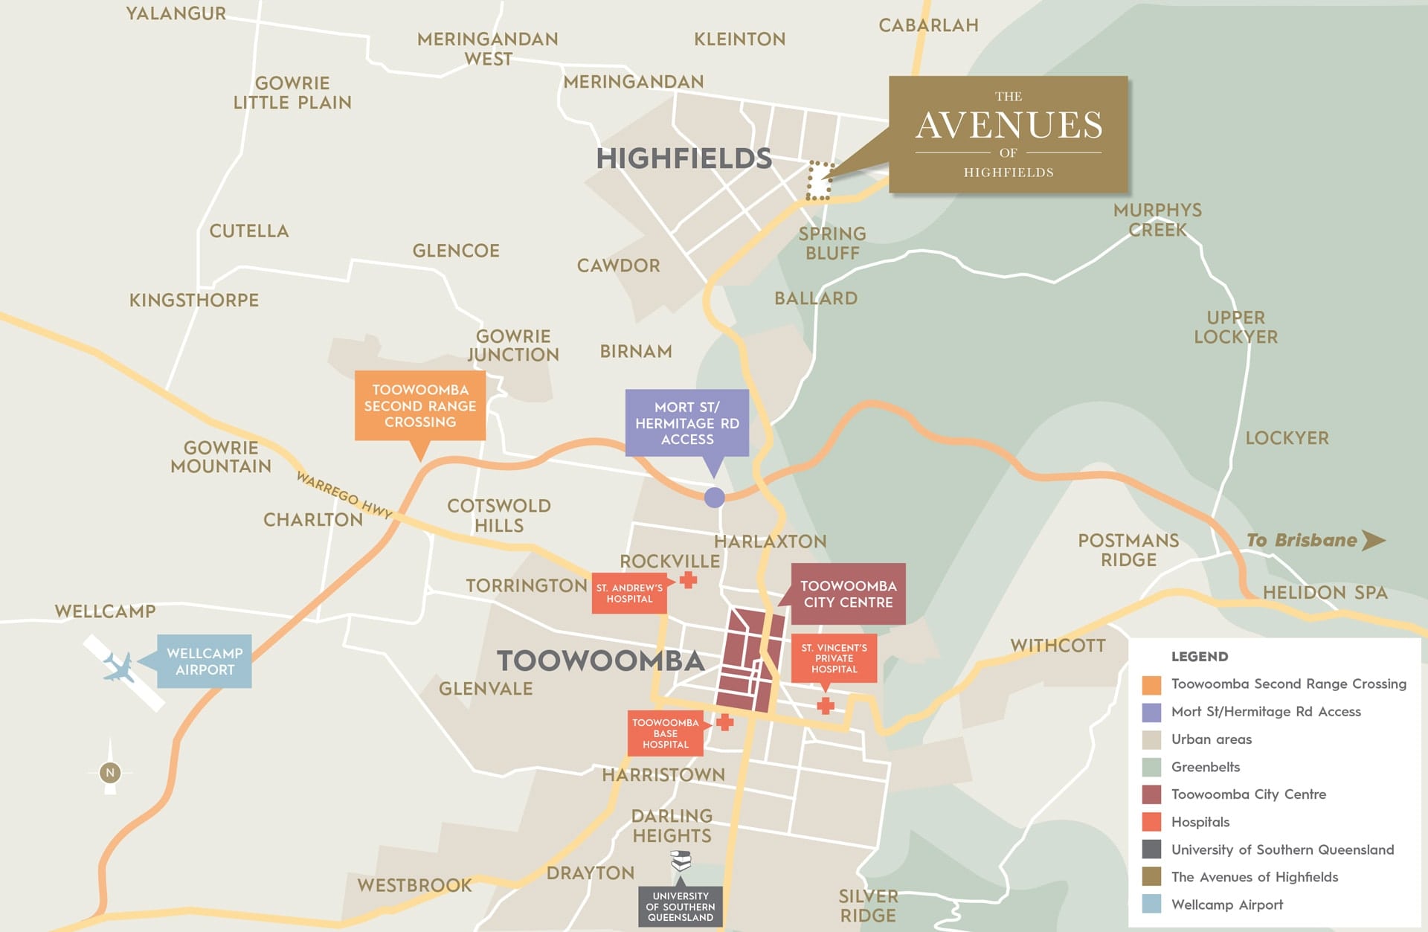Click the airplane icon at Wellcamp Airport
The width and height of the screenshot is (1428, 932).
pos(119,667)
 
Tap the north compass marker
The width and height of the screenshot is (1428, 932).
pos(110,773)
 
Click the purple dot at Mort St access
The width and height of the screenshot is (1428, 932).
pos(714,498)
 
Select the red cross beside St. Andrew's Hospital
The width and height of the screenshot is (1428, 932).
pos(688,580)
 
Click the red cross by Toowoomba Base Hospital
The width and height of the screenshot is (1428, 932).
pos(724,722)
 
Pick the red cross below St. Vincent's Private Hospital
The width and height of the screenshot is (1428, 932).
pos(825,705)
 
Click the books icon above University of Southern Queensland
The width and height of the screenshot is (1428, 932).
pos(681,861)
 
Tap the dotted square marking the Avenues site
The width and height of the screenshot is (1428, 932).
pos(819,181)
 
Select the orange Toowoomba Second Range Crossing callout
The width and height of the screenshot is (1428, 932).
pos(420,406)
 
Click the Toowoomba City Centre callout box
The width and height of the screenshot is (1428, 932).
pos(848,594)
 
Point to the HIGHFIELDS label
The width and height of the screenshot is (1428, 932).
pos(684,158)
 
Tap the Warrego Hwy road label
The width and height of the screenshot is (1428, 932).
pos(344,495)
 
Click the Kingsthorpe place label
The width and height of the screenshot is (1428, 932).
pos(194,301)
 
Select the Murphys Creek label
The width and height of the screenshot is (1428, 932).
pos(1157,220)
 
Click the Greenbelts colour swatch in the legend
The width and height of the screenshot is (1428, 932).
pos(1151,767)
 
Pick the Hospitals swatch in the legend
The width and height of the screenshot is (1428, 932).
pos(1151,822)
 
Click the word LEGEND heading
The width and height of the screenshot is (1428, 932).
pos(1199,657)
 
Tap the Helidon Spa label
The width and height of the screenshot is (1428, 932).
pos(1325,593)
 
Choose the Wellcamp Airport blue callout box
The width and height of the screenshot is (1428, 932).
pos(205,661)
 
